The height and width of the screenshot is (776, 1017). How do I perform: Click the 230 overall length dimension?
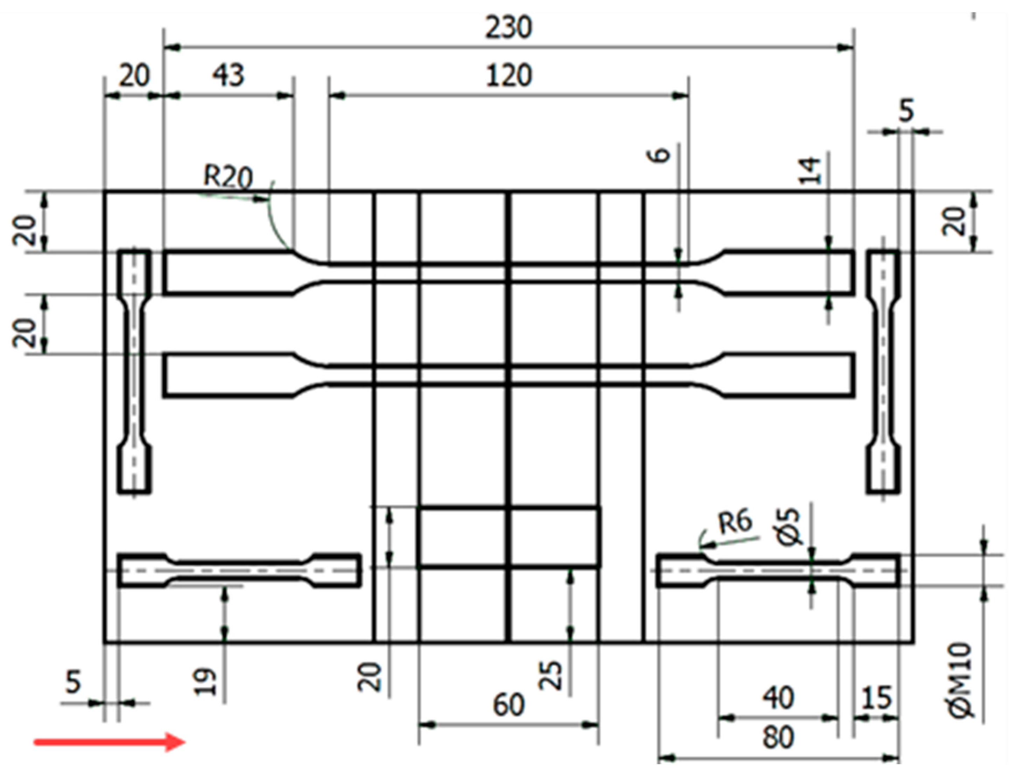[x=508, y=28]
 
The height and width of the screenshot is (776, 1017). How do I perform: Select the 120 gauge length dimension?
[x=508, y=76]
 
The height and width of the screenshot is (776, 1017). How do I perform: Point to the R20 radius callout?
[x=228, y=177]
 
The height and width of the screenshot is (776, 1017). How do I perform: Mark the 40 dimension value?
[x=778, y=698]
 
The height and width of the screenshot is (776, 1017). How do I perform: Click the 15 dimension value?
[x=876, y=698]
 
